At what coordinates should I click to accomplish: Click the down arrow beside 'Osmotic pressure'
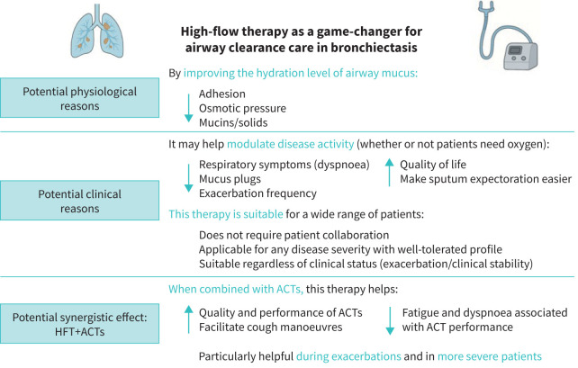188,106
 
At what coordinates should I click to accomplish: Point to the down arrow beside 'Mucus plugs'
188,177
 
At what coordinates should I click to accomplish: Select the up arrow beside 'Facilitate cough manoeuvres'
188,318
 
